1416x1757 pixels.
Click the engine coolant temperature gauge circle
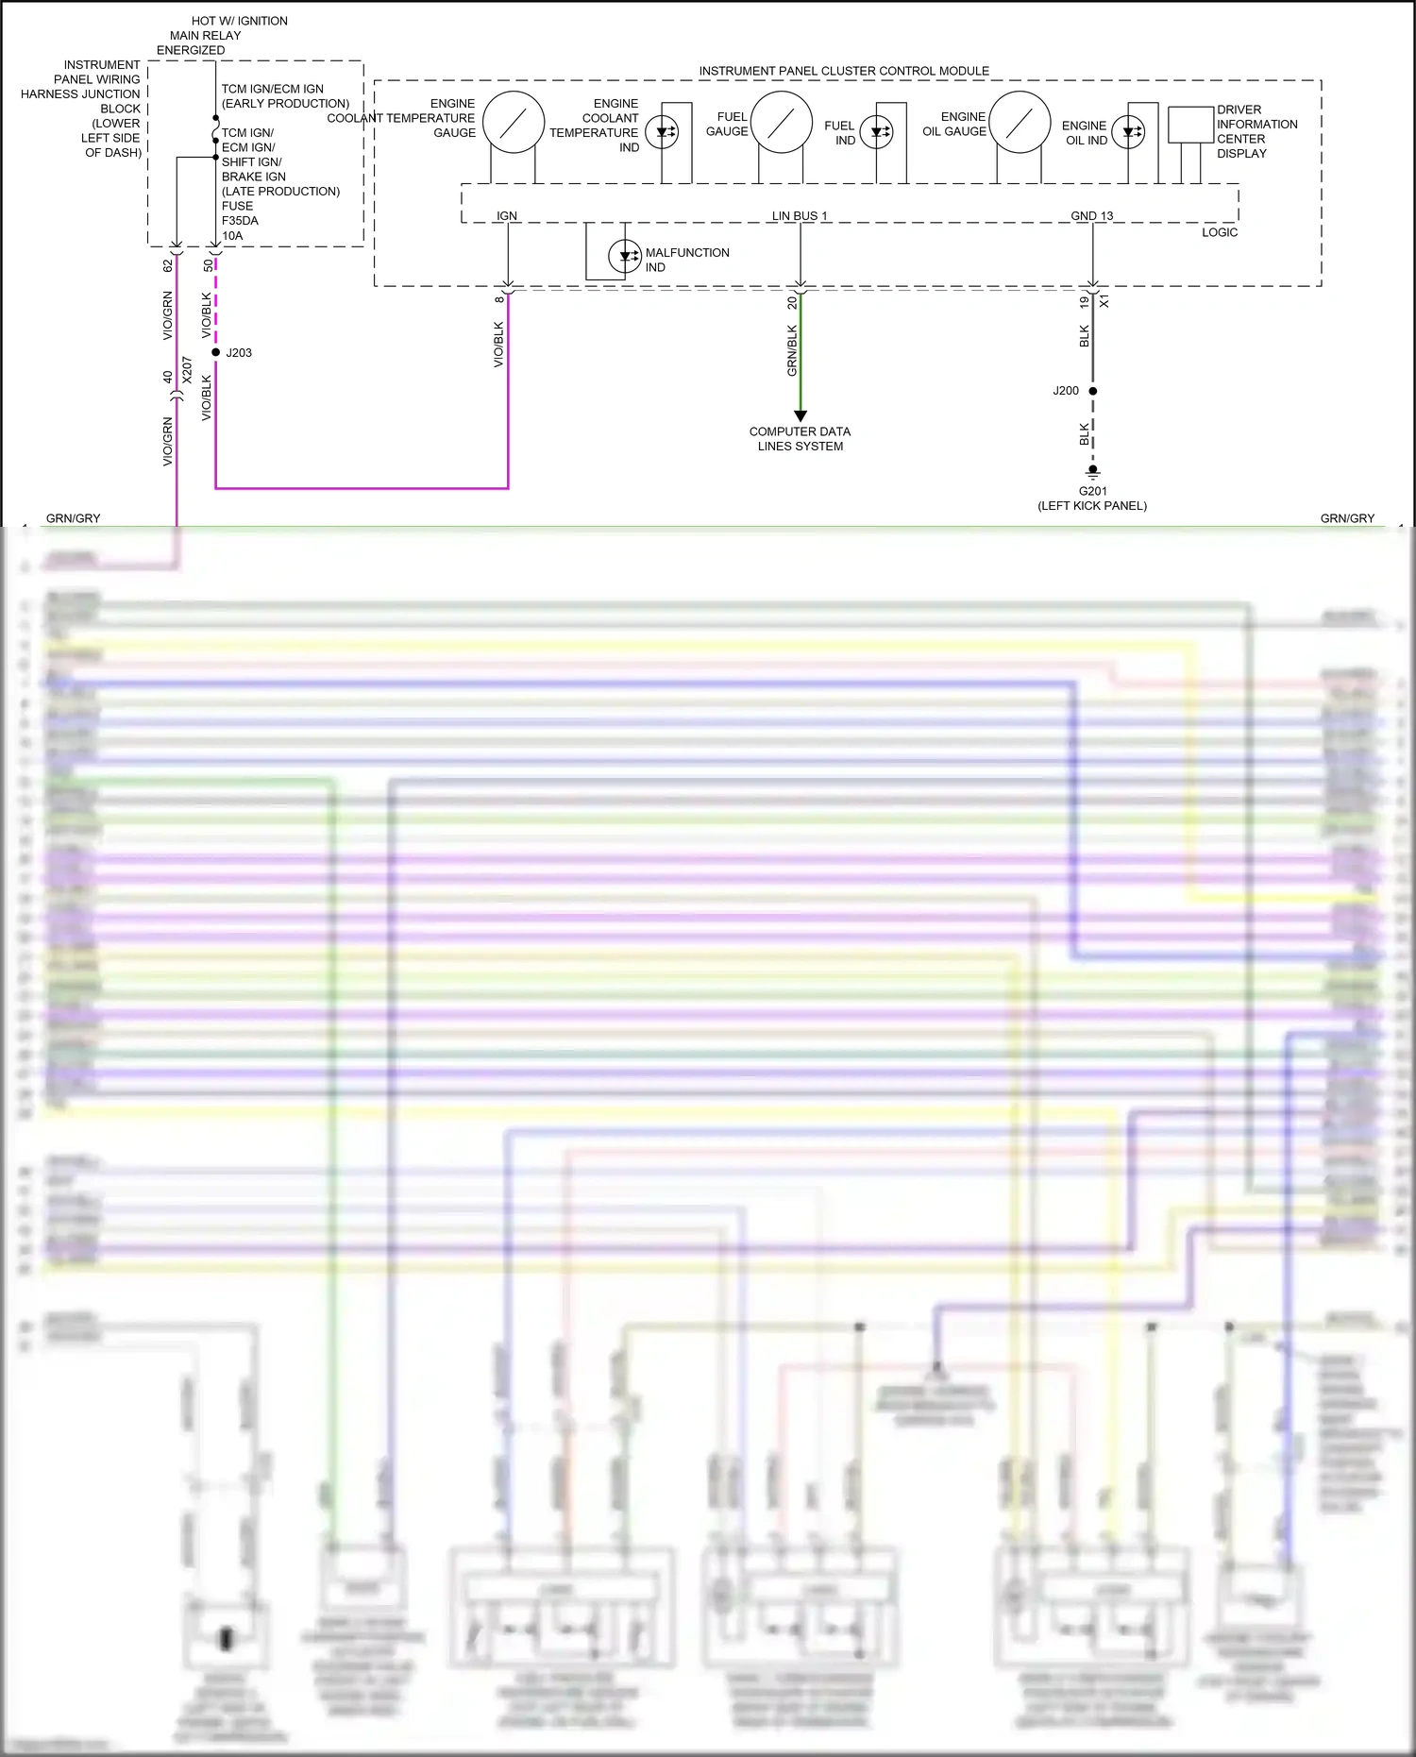pyautogui.click(x=514, y=123)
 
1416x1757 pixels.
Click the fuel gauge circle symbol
pyautogui.click(x=782, y=122)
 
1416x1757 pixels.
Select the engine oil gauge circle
pyautogui.click(x=1020, y=122)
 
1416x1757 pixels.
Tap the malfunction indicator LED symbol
pyautogui.click(x=625, y=256)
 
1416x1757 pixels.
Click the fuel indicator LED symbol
pyautogui.click(x=877, y=132)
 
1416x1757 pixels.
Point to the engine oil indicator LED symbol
pyautogui.click(x=1128, y=132)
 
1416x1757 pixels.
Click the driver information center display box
pyautogui.click(x=1190, y=125)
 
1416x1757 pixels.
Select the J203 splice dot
pyautogui.click(x=216, y=352)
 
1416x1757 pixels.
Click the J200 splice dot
pyautogui.click(x=1093, y=391)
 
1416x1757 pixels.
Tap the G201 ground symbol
pyautogui.click(x=1093, y=471)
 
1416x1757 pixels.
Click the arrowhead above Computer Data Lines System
pyautogui.click(x=801, y=415)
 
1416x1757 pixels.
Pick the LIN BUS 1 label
pyautogui.click(x=799, y=216)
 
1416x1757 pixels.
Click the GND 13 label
pyautogui.click(x=1091, y=216)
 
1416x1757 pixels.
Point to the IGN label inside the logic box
pyautogui.click(x=507, y=216)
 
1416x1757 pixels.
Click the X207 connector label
pyautogui.click(x=187, y=369)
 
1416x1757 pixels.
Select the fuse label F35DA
pyautogui.click(x=240, y=221)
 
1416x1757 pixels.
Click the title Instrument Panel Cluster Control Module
pyautogui.click(x=844, y=71)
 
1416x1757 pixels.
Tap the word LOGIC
pyautogui.click(x=1219, y=232)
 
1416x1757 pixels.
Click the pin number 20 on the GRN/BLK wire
pyautogui.click(x=792, y=303)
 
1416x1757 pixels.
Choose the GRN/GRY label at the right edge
pyautogui.click(x=1347, y=518)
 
